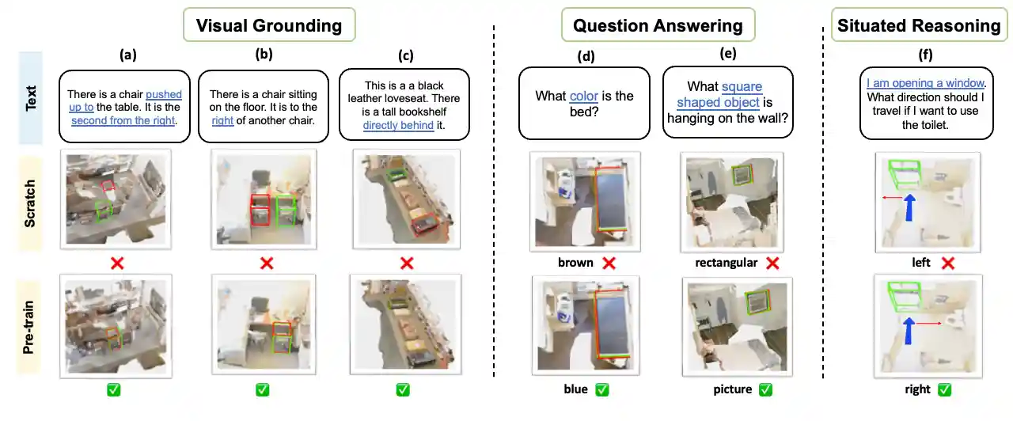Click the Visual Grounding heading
point(269,25)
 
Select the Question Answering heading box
point(658,25)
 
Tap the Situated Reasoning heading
point(919,25)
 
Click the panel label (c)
point(406,55)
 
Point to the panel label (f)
point(925,55)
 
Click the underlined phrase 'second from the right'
point(123,121)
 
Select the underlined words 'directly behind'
point(398,125)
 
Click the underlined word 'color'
point(584,96)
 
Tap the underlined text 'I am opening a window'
point(925,83)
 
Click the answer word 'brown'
point(575,263)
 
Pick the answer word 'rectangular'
point(726,263)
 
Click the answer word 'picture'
point(733,389)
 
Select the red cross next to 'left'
point(948,263)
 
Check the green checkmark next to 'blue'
point(602,389)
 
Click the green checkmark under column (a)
point(113,389)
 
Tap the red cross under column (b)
point(267,263)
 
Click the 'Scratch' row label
point(30,203)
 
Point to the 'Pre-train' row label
point(28,328)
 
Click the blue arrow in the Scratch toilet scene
point(909,207)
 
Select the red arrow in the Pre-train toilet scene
point(929,324)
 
